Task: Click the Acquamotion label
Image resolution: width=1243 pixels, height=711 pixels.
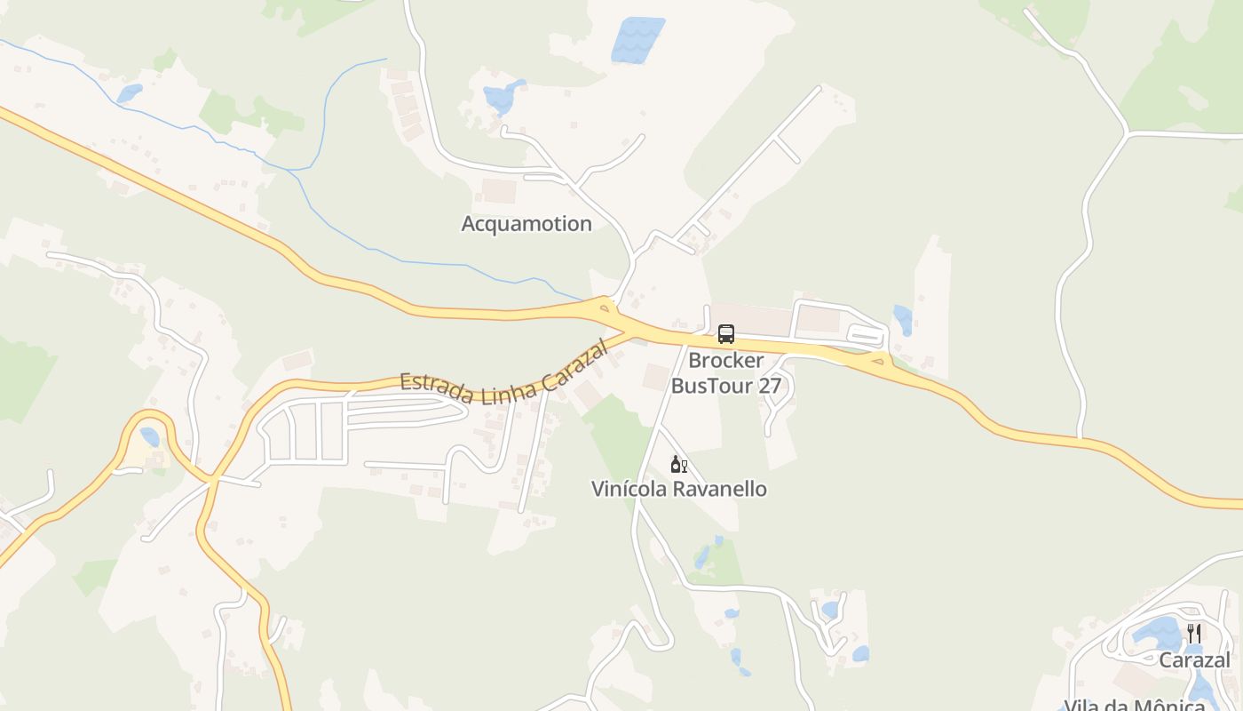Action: (526, 224)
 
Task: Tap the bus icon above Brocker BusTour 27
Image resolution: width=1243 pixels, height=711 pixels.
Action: (726, 335)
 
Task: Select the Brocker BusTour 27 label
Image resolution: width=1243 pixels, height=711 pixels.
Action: (725, 373)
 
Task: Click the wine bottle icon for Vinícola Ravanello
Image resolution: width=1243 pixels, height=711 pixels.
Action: (679, 464)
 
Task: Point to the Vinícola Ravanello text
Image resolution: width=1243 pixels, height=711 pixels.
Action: (679, 489)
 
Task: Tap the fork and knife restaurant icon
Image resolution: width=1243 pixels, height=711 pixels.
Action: (1194, 634)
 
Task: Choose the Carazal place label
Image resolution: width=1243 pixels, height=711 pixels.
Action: (1194, 659)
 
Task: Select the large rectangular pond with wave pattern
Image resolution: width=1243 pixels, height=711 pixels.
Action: (637, 40)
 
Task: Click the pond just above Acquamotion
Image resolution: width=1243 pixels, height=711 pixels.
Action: (503, 95)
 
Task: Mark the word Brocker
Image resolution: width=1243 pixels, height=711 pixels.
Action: (725, 361)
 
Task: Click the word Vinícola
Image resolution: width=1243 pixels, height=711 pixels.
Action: (626, 489)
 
